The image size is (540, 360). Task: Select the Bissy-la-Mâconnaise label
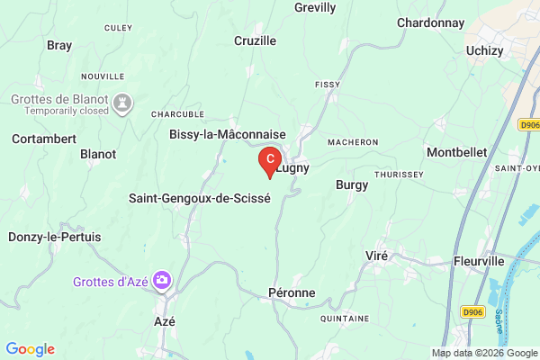click(228, 134)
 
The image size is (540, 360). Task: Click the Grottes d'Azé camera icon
click(162, 281)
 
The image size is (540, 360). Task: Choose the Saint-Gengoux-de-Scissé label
click(200, 198)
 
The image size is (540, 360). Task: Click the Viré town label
click(376, 256)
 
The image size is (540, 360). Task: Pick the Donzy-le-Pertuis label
click(55, 237)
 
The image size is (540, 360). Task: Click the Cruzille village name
click(255, 40)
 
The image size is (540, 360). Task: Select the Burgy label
click(352, 184)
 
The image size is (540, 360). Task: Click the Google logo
click(31, 349)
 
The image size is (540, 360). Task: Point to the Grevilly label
click(315, 8)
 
